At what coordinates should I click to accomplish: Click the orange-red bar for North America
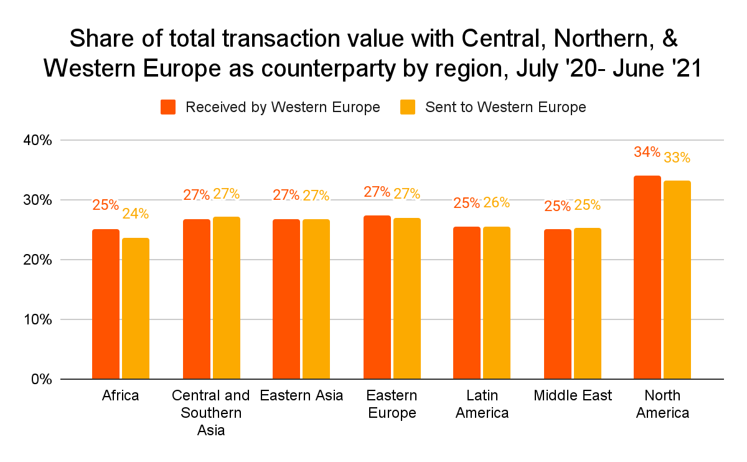tap(647, 277)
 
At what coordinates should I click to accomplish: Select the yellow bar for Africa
tap(136, 308)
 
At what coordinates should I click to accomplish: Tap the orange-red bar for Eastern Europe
tap(377, 297)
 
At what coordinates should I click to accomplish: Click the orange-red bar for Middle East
tap(557, 304)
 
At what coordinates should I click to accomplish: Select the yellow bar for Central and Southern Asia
tap(227, 298)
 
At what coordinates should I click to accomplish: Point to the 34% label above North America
tap(647, 152)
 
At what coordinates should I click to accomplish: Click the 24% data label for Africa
tap(136, 214)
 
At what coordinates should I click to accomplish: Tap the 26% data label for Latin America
tap(497, 202)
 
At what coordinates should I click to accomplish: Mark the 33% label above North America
tap(677, 158)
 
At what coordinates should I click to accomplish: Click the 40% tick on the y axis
tap(39, 141)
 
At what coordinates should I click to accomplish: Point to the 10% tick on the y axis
tap(39, 319)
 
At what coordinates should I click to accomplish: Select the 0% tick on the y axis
tap(42, 379)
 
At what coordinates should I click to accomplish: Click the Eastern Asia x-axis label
tap(301, 396)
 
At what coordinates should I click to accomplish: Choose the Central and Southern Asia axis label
tap(211, 413)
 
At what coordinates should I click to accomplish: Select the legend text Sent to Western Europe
tap(505, 107)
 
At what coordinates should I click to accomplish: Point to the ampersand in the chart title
tap(669, 39)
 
